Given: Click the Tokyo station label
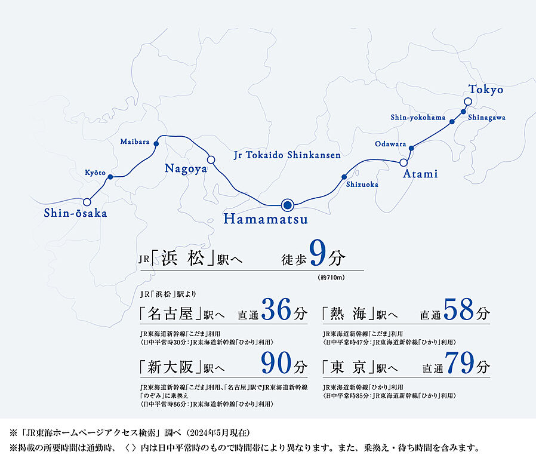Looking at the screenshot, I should point(485,90).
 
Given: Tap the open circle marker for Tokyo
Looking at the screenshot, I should point(468,102).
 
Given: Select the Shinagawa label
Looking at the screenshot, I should point(486,118).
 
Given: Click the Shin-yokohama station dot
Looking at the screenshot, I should point(452,122).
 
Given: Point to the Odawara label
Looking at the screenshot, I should point(390,144).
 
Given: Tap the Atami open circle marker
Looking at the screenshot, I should point(403,162).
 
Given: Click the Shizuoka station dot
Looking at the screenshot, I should point(344,177).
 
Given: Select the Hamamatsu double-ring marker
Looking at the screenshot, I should point(288,205).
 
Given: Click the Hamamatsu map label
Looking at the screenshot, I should point(266,220).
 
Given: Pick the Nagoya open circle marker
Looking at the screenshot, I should point(211,159).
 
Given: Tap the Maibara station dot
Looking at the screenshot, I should point(156,143).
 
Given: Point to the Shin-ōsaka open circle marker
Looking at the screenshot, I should point(87,202).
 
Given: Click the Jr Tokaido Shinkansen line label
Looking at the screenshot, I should point(287,155).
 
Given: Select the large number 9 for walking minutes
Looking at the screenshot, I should point(318,255).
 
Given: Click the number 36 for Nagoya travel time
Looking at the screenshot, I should point(276,310).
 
